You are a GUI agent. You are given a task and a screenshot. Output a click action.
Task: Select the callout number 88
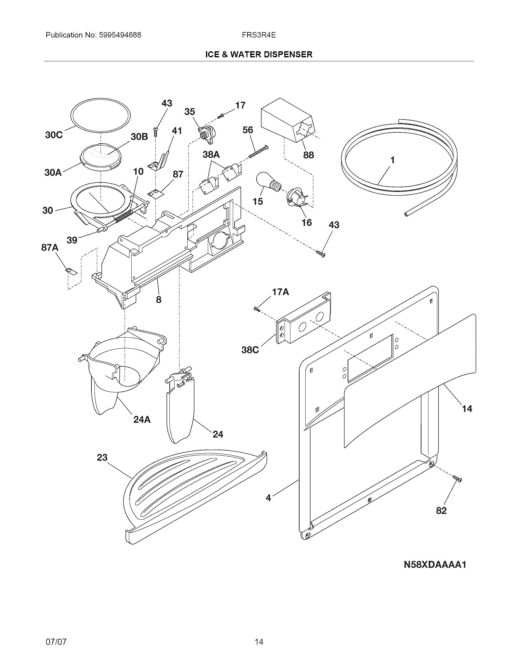(308, 155)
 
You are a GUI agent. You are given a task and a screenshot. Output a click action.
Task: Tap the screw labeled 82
(457, 479)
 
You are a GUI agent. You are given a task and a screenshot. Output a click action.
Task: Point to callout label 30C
(54, 135)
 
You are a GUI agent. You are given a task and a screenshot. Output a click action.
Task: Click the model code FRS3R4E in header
(259, 35)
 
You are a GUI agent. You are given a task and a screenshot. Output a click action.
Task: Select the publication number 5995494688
(120, 35)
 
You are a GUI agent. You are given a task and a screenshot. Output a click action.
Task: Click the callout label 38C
(250, 350)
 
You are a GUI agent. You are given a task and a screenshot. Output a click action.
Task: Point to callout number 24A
(142, 419)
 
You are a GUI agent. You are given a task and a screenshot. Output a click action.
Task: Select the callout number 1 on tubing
(392, 160)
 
